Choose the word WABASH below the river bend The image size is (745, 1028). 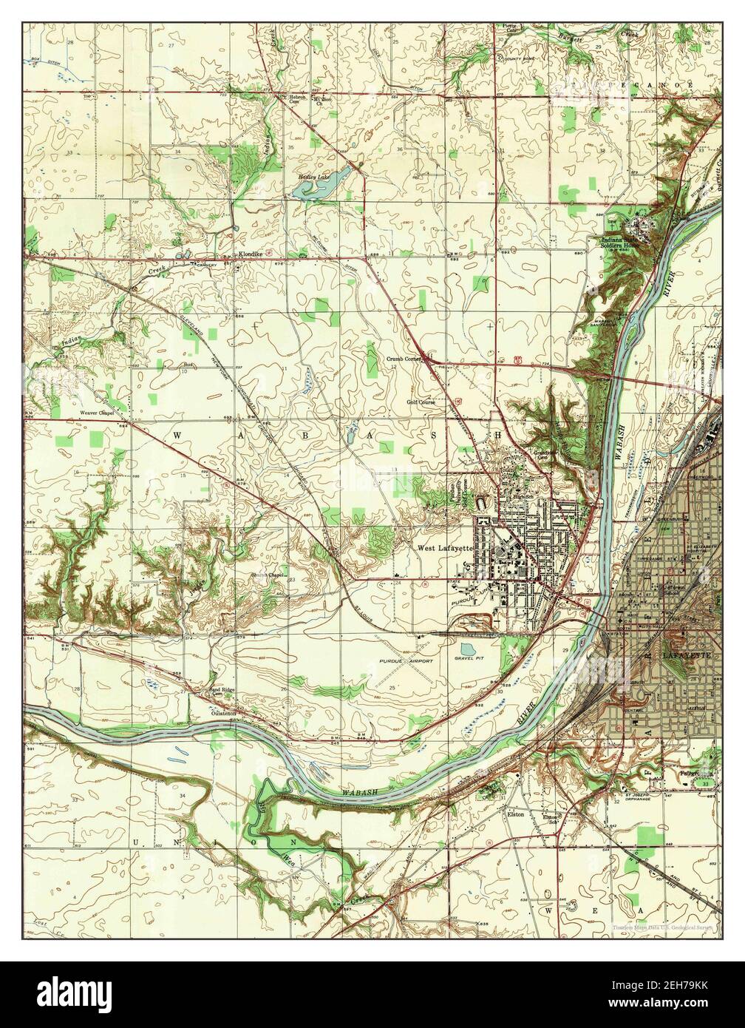[361, 792]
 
